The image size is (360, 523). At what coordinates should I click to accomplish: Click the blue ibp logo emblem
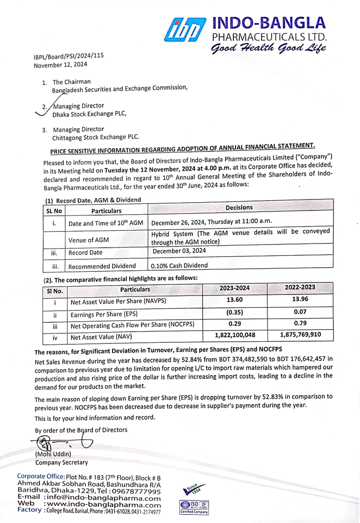click(185, 30)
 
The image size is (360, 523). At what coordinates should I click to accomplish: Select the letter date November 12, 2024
click(61, 65)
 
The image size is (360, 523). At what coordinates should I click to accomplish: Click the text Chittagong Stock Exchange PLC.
click(96, 137)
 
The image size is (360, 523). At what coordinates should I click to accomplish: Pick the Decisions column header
click(239, 207)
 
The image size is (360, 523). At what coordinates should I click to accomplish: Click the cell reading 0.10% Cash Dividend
click(179, 266)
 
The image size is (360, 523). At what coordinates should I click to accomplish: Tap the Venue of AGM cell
click(88, 239)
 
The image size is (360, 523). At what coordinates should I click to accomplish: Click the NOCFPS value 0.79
click(300, 324)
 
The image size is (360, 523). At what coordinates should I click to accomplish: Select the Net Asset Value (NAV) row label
click(98, 338)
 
